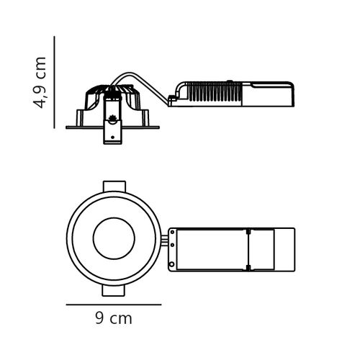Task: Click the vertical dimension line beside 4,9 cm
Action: (55, 82)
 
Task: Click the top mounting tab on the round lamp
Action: (114, 186)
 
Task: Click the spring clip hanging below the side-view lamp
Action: (112, 130)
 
